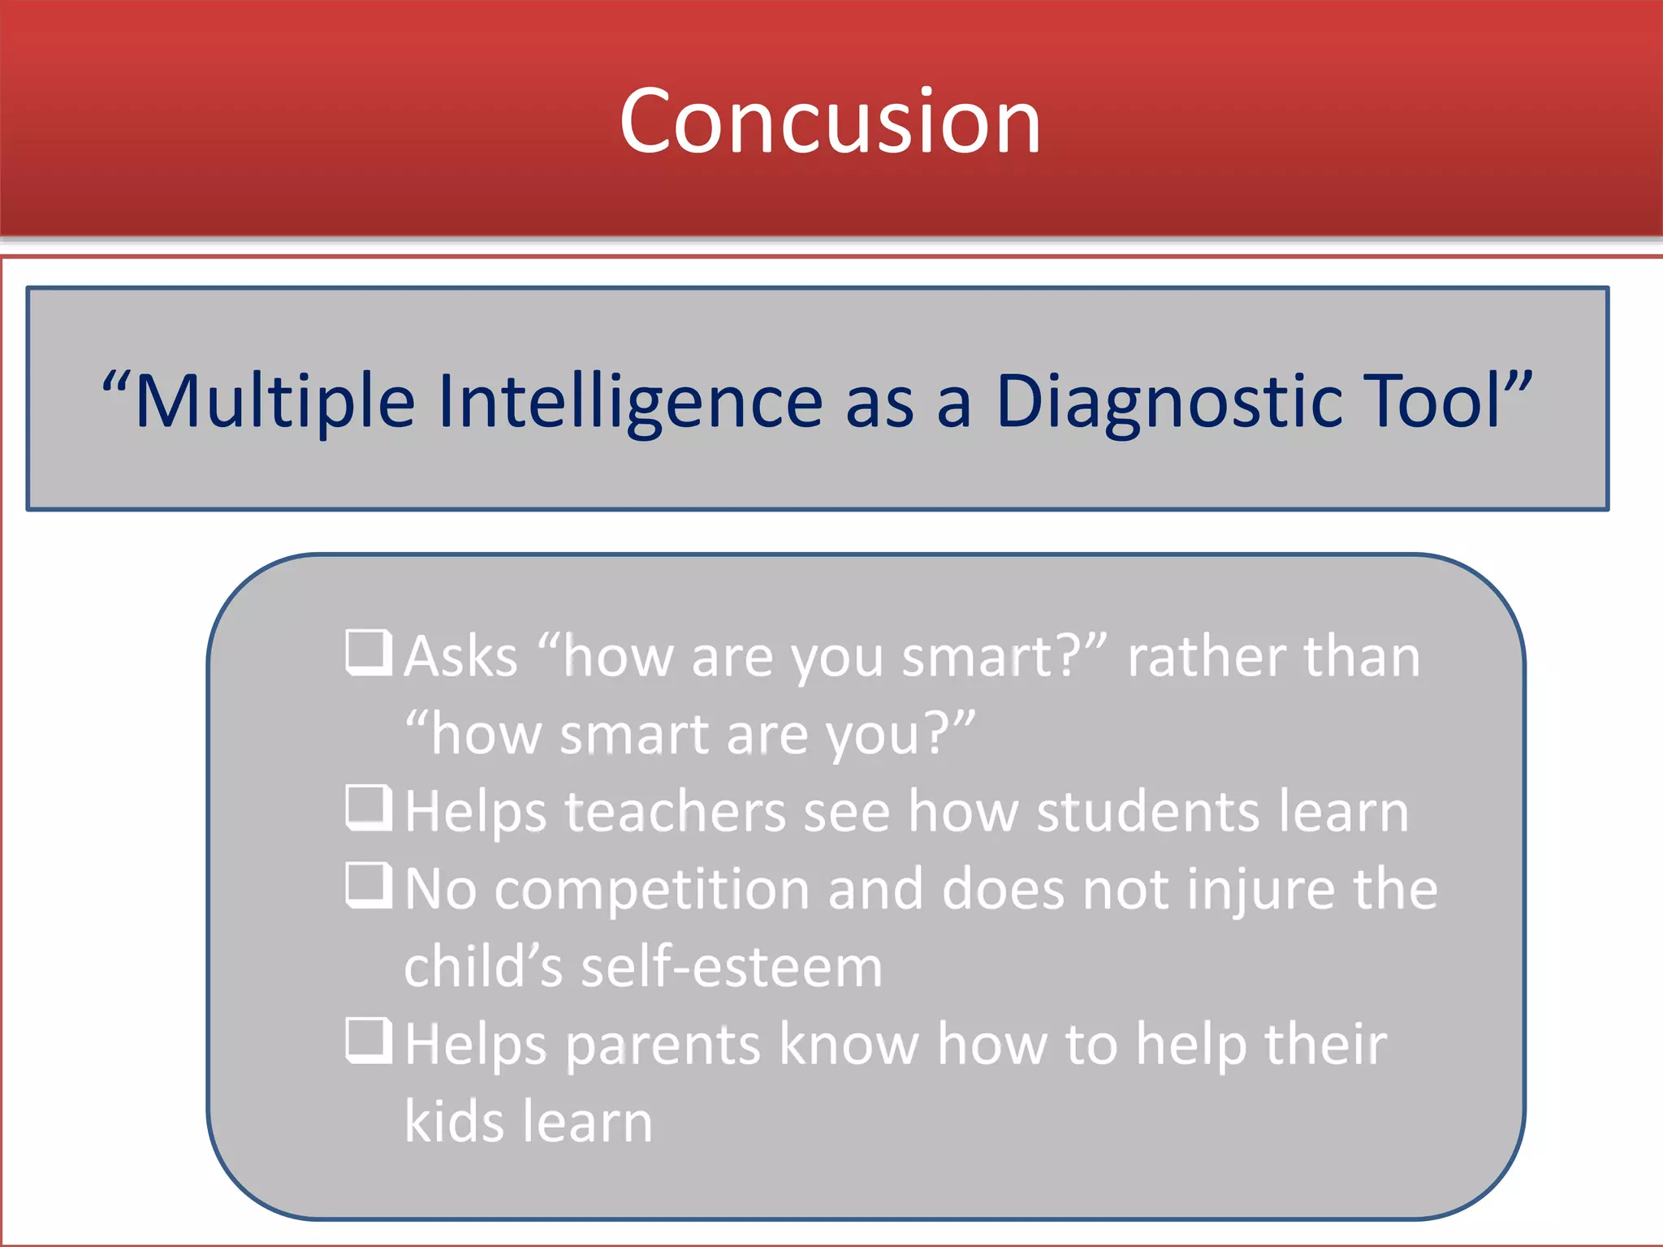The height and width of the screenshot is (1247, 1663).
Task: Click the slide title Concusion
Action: tap(830, 122)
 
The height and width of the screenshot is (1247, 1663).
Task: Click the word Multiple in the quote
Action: tap(274, 401)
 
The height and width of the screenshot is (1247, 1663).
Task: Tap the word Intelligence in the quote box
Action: tap(630, 401)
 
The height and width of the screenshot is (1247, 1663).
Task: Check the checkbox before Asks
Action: tap(369, 653)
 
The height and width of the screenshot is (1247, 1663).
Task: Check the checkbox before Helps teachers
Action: tap(369, 809)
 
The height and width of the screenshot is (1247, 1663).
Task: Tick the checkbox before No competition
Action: tap(369, 886)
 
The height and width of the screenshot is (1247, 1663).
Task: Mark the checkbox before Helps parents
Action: tap(369, 1041)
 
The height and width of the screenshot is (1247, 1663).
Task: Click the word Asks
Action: tap(460, 656)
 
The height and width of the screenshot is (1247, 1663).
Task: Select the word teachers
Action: tap(676, 812)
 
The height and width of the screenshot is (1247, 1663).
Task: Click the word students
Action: tap(1147, 812)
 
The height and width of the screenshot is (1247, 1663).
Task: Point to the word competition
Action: tap(652, 890)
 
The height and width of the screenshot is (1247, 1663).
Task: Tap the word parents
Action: tap(663, 1046)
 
